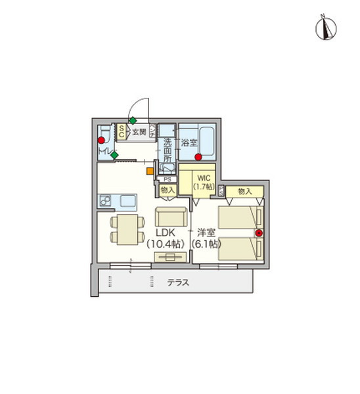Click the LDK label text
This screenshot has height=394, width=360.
coord(166,232)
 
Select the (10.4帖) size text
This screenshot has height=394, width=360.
coord(166,244)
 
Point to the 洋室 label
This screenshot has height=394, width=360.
coord(206,232)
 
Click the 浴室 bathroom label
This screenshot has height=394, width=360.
coord(189,142)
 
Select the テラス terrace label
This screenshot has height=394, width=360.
coord(178,284)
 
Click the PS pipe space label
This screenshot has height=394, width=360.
coord(167,179)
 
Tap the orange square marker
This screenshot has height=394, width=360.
coord(150,171)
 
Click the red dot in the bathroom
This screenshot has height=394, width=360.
coord(198,157)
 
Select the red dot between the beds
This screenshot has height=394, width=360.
coord(259,233)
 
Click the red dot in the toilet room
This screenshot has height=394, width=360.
coord(101,140)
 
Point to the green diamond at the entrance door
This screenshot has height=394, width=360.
coord(133,120)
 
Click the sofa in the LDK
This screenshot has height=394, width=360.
coord(171,216)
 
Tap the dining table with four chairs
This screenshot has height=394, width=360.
coord(124,227)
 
